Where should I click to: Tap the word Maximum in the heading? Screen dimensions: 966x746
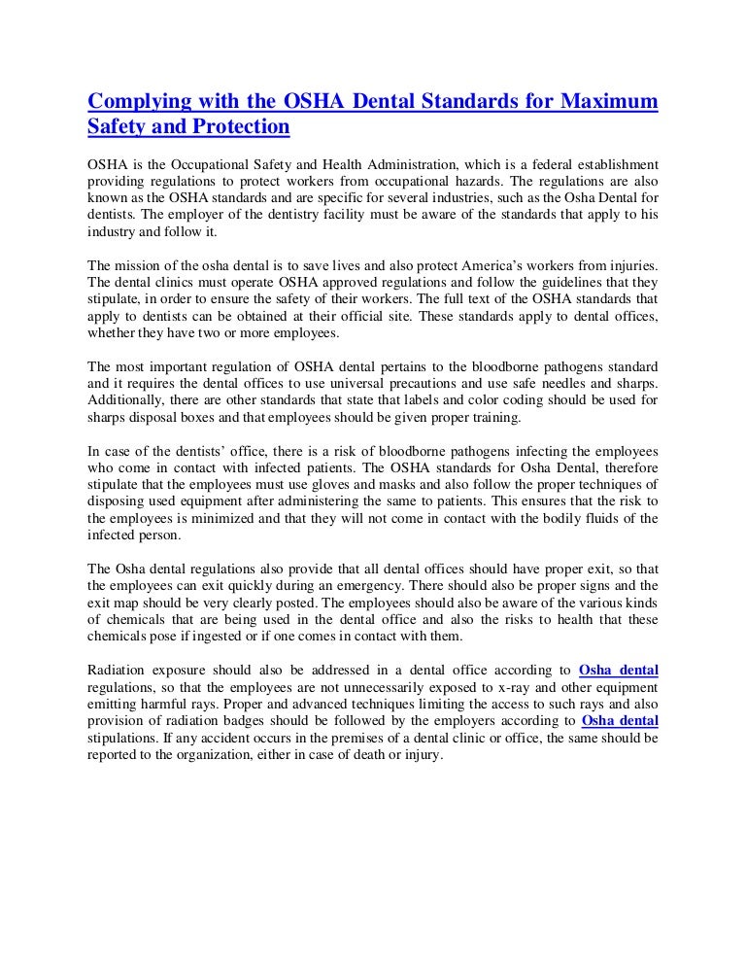609,102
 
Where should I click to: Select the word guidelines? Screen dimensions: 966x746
552,282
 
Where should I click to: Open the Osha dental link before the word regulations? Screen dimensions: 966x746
618,670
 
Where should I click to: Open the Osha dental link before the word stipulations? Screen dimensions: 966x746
619,721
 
